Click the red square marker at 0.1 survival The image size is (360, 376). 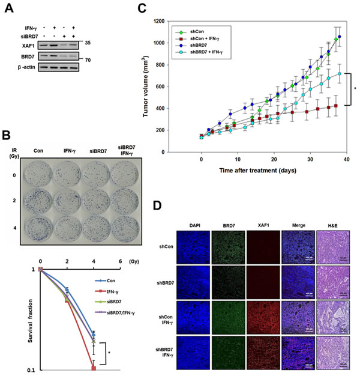coord(94,368)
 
